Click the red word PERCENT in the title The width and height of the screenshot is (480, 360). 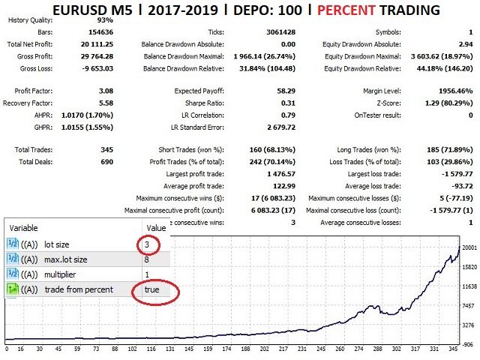(x=348, y=11)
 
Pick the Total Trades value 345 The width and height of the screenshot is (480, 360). (x=103, y=150)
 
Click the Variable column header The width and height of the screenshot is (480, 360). (x=23, y=227)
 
